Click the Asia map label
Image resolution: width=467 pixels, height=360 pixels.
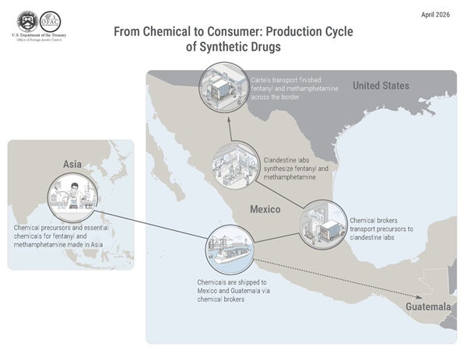(x=72, y=164)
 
